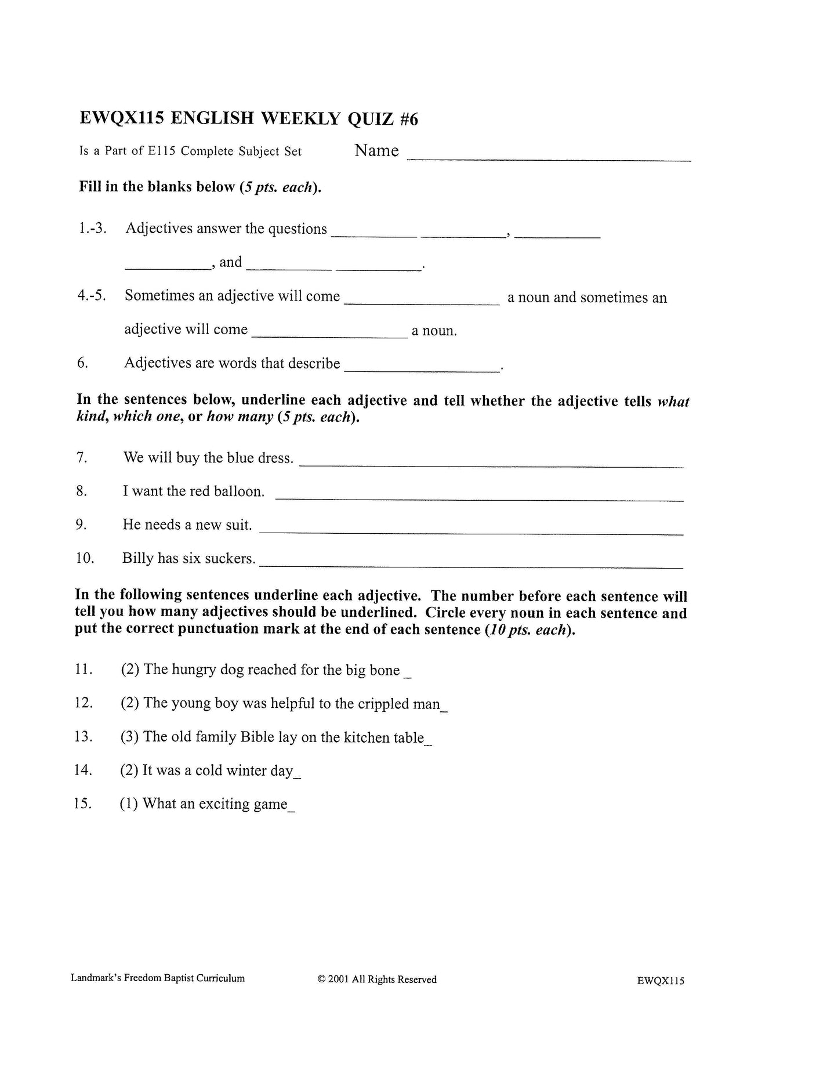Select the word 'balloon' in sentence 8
point(238,491)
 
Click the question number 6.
point(82,363)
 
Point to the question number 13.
point(84,737)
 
